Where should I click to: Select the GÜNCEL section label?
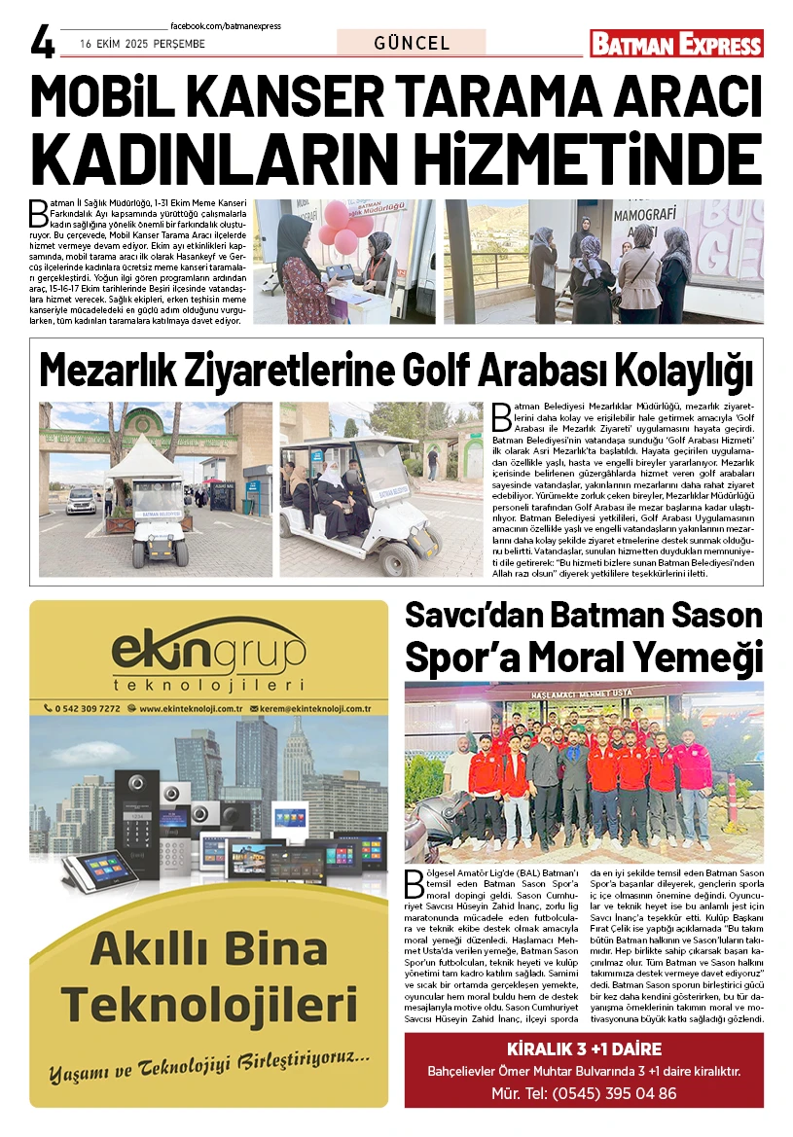coord(411,43)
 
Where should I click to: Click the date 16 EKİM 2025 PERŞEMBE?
coord(142,45)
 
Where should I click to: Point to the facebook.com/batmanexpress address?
coord(225,26)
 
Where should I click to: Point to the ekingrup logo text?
coord(208,651)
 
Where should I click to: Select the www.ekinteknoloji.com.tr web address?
coord(190,709)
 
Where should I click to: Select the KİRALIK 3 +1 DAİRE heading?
coord(584,1049)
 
